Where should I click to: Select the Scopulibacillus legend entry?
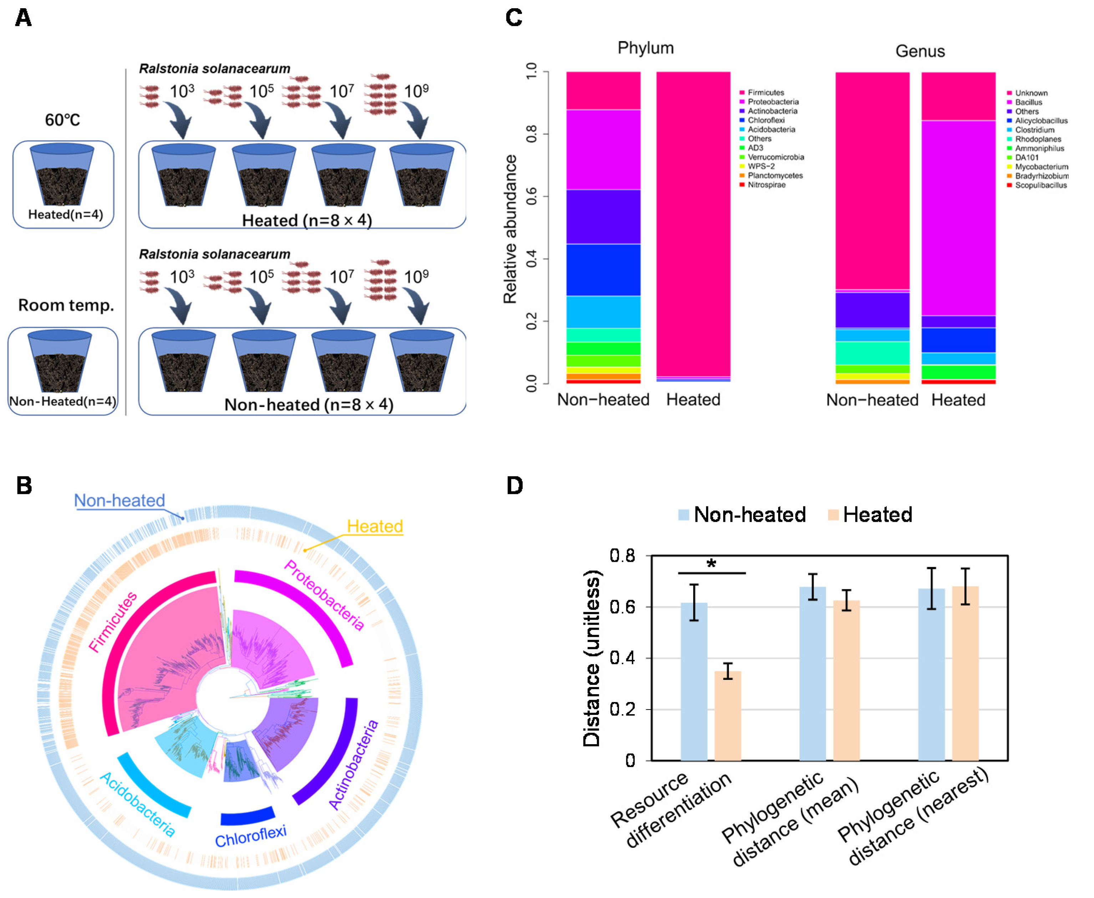tap(1040, 185)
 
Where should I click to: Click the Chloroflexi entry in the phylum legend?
tap(766, 120)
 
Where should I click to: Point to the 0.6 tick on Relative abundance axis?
tap(531, 197)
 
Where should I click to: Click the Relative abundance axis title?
tap(510, 229)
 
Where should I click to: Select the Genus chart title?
tap(920, 51)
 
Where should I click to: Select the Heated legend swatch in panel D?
tap(833, 515)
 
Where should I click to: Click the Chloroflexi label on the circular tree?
tap(251, 837)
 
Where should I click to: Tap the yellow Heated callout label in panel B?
tap(374, 526)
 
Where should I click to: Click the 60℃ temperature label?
tap(62, 120)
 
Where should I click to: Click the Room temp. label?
tap(66, 305)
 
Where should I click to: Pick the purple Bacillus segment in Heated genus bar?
tap(958, 218)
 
